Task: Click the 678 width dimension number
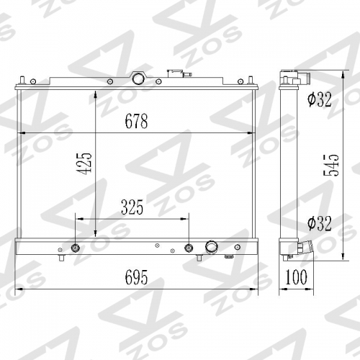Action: coord(136,121)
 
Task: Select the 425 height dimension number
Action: coord(84,163)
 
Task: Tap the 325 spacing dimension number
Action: coord(132,207)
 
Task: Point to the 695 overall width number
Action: coord(136,277)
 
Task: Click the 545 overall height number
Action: coord(331,165)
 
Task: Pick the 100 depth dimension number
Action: coord(296,277)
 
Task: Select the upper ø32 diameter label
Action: coord(320,99)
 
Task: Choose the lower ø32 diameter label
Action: coord(320,223)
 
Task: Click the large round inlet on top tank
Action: coord(138,78)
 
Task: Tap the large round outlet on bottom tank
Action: coord(212,246)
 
